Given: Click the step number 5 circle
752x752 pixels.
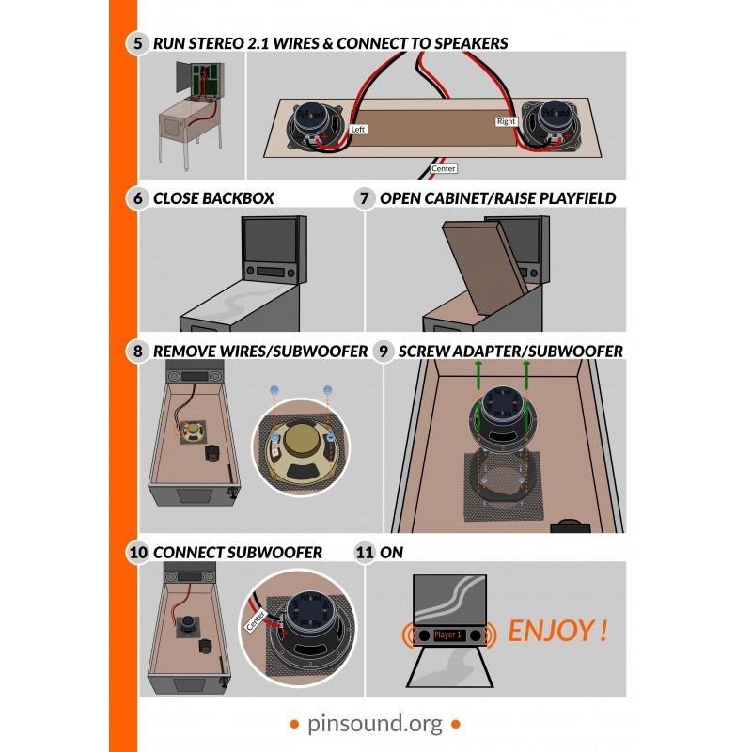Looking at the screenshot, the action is pos(137,43).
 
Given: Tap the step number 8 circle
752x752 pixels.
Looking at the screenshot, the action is pos(137,351).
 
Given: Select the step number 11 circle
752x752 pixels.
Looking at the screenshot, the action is pos(365,552).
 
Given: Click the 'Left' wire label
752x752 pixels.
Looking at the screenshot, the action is pos(358,130).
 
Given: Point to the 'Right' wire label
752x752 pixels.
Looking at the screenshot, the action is pos(506,121).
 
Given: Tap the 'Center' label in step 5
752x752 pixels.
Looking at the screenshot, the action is pos(443,168).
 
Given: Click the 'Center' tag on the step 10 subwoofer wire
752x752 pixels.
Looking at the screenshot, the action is pos(256,620).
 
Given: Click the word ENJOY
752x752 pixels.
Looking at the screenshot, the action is pos(551,631).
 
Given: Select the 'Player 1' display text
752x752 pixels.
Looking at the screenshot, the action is pos(447,635).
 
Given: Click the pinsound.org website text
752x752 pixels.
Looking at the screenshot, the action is pos(375,724).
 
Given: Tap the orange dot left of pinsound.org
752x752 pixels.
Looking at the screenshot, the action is pos(294,724).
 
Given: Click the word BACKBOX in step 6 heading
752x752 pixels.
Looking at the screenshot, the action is pos(238,198).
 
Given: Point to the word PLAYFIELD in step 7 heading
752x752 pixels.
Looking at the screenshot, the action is pos(577,198).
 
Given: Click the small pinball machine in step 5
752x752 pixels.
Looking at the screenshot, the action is pos(192,115).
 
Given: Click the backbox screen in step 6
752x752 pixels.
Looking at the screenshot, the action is pos(272,241).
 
